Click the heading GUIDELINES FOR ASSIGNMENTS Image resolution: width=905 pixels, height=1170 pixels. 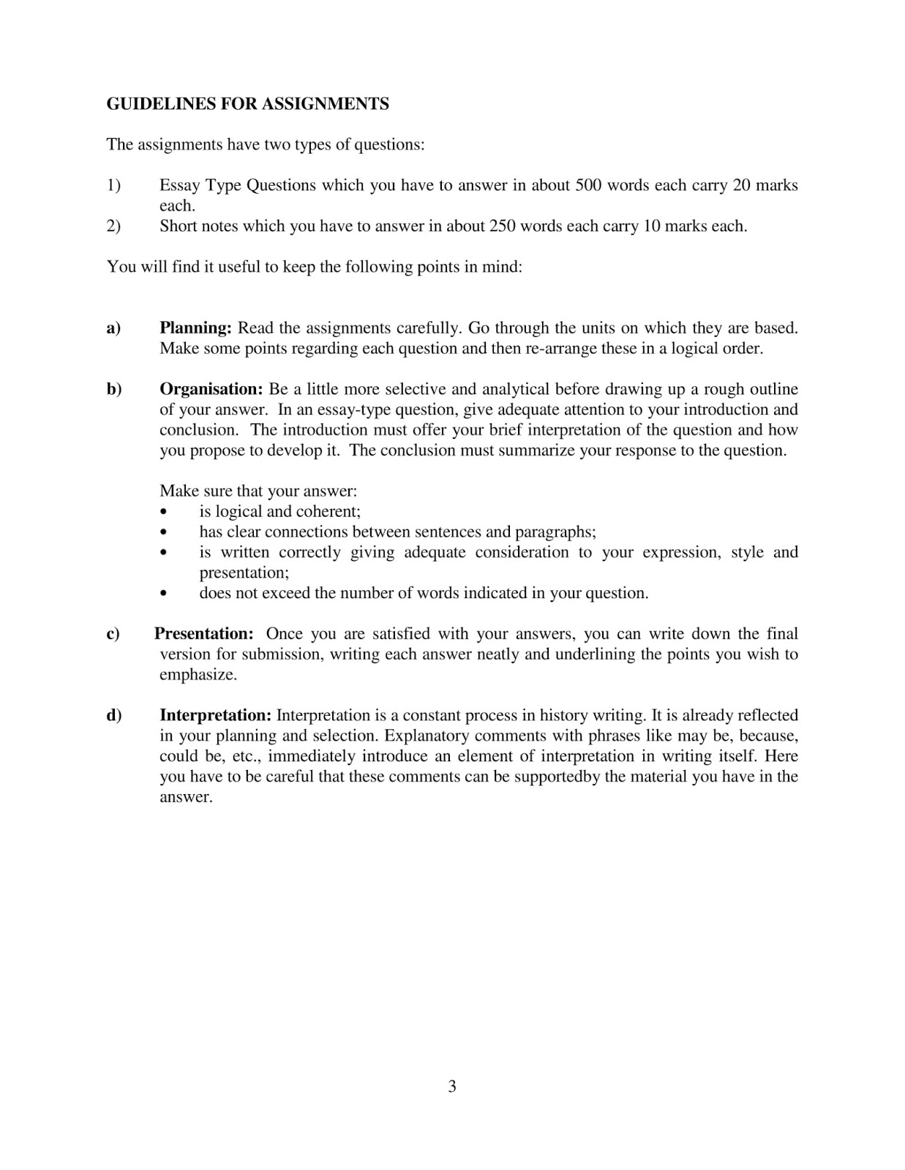247,104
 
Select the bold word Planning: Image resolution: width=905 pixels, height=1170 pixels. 195,328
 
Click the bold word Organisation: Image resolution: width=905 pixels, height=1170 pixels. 211,389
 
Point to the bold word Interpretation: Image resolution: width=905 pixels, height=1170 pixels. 215,715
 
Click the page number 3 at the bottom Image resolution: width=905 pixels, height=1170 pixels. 452,1087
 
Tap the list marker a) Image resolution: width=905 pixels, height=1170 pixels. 113,328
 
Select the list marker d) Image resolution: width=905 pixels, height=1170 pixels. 114,715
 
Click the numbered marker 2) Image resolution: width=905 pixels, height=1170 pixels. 113,226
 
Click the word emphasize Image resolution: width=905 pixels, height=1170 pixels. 198,675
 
